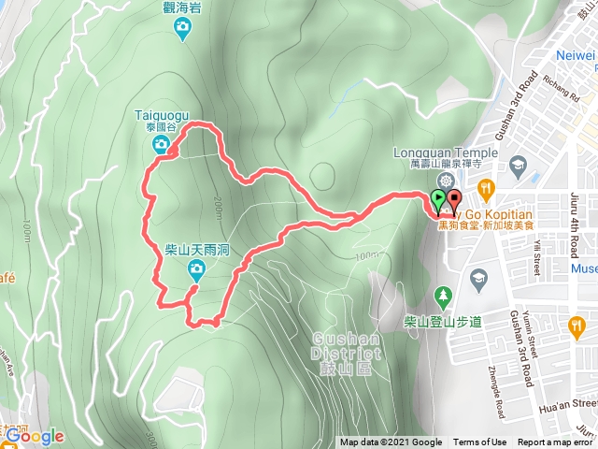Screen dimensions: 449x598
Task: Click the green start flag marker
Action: (438, 198)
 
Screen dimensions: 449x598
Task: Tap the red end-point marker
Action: (454, 198)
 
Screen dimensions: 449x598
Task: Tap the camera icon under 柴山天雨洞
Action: (196, 270)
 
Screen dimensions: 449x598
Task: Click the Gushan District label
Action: (347, 345)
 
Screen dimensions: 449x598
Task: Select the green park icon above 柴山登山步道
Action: (443, 297)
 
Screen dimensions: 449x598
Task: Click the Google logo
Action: (34, 436)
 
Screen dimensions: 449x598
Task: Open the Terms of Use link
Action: (479, 442)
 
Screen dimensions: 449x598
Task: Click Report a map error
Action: (556, 442)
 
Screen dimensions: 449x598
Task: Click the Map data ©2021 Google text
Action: (391, 442)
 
